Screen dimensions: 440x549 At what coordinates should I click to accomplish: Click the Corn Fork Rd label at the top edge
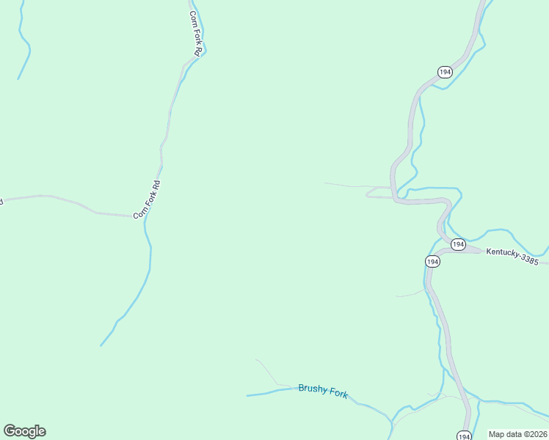(195, 33)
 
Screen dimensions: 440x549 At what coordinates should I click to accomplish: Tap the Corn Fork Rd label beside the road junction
(147, 199)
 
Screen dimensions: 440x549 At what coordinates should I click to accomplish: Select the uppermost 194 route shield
(445, 71)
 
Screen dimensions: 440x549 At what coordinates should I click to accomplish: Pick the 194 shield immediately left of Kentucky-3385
(458, 244)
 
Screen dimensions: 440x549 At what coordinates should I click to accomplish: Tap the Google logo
(24, 431)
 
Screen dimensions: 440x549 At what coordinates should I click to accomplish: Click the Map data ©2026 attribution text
(517, 434)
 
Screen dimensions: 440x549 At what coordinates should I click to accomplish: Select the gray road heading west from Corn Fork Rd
(66, 201)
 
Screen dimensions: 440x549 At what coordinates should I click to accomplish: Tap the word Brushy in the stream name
(311, 389)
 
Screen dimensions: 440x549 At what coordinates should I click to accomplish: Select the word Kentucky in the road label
(502, 255)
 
